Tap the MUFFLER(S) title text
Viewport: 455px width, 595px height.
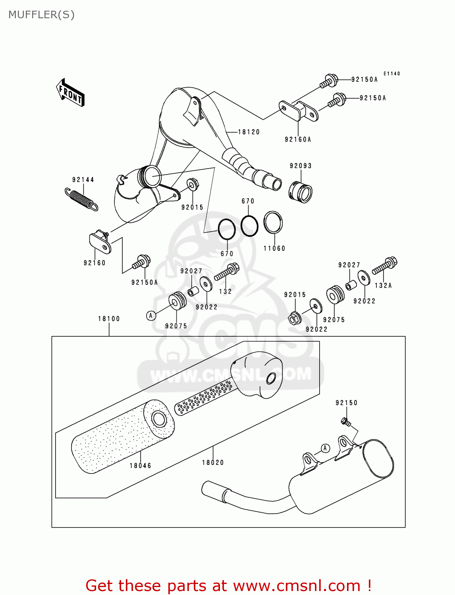pyautogui.click(x=41, y=15)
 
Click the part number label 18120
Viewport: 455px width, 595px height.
pyautogui.click(x=249, y=132)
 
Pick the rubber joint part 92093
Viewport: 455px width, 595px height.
pyautogui.click(x=301, y=192)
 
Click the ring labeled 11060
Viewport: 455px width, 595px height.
pyautogui.click(x=273, y=223)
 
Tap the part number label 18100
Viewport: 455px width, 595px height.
pyautogui.click(x=109, y=319)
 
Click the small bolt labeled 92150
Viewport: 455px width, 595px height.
pyautogui.click(x=345, y=422)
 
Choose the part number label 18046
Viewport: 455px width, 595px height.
pyautogui.click(x=141, y=466)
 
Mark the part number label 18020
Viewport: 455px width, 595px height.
pyautogui.click(x=213, y=463)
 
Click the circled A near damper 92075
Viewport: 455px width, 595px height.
pyautogui.click(x=151, y=316)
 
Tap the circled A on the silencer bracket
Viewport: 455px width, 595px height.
pyautogui.click(x=325, y=448)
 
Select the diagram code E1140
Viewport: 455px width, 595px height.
pyautogui.click(x=391, y=74)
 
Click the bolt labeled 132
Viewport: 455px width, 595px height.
pyautogui.click(x=227, y=272)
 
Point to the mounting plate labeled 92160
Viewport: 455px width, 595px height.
pyautogui.click(x=100, y=243)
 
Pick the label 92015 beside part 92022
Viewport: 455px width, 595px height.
pyautogui.click(x=295, y=295)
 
